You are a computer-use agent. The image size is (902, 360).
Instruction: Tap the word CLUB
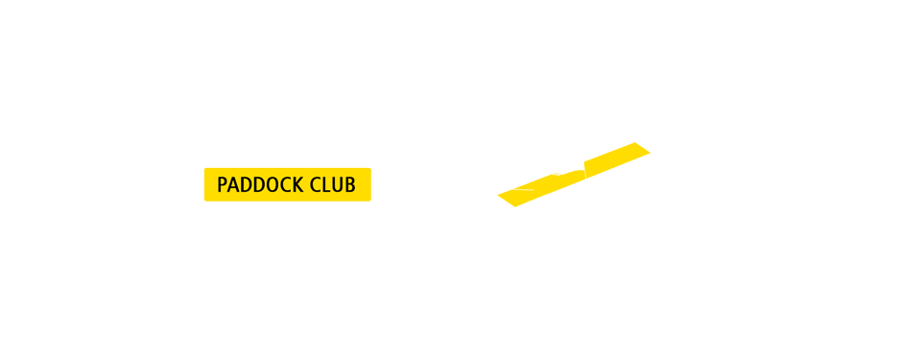point(334,185)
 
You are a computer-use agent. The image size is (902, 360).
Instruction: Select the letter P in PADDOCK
point(223,185)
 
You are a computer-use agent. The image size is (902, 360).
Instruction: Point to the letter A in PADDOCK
point(233,185)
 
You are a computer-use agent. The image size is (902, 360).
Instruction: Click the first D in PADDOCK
point(246,185)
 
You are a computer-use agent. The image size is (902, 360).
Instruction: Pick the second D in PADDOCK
point(258,185)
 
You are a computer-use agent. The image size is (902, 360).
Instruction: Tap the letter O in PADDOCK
point(272,185)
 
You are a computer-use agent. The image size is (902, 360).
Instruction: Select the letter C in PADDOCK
point(284,185)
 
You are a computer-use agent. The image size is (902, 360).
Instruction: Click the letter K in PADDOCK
point(297,185)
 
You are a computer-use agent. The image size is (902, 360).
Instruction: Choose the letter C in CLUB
point(316,185)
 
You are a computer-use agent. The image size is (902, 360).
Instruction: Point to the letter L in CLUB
point(326,185)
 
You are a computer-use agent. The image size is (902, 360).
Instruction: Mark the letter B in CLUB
point(350,185)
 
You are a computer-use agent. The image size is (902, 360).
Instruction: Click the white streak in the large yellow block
point(512,186)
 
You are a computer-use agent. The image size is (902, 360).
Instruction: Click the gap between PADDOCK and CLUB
point(306,185)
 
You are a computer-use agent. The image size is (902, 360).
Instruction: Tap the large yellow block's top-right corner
point(651,143)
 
